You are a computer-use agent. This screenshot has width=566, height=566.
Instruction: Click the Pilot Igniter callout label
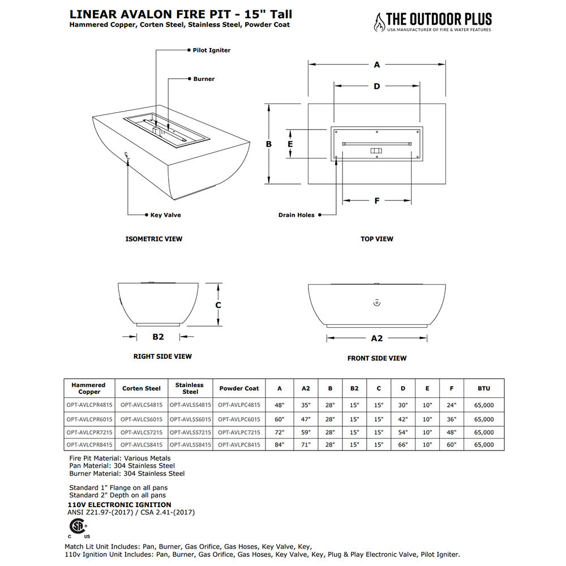(211, 50)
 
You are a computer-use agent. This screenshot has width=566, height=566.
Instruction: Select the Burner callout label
(204, 79)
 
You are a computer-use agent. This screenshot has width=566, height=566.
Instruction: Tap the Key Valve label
(165, 215)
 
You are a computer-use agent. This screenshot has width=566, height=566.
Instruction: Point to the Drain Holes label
(296, 215)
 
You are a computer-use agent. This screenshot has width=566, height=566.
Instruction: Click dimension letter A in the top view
(377, 65)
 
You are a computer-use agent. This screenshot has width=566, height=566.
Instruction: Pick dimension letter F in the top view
(377, 200)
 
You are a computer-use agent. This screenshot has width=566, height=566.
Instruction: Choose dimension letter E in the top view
(290, 144)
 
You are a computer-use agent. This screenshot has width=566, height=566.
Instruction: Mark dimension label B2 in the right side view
(158, 337)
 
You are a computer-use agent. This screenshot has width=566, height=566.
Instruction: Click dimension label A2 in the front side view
(377, 338)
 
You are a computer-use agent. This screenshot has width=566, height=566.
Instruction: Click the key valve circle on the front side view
(377, 303)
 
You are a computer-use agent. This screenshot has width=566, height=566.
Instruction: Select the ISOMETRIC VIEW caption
(154, 239)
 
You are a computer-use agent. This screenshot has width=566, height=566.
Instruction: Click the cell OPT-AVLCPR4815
(89, 405)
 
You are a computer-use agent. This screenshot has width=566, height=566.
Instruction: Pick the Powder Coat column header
(239, 388)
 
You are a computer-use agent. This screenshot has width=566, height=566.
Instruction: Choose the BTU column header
(483, 388)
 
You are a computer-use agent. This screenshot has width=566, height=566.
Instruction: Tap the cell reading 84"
(280, 445)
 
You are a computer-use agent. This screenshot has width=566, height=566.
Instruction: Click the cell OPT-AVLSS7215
(190, 432)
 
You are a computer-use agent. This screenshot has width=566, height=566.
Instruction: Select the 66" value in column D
(403, 445)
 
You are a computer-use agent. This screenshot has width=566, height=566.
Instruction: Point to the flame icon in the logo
(378, 23)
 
